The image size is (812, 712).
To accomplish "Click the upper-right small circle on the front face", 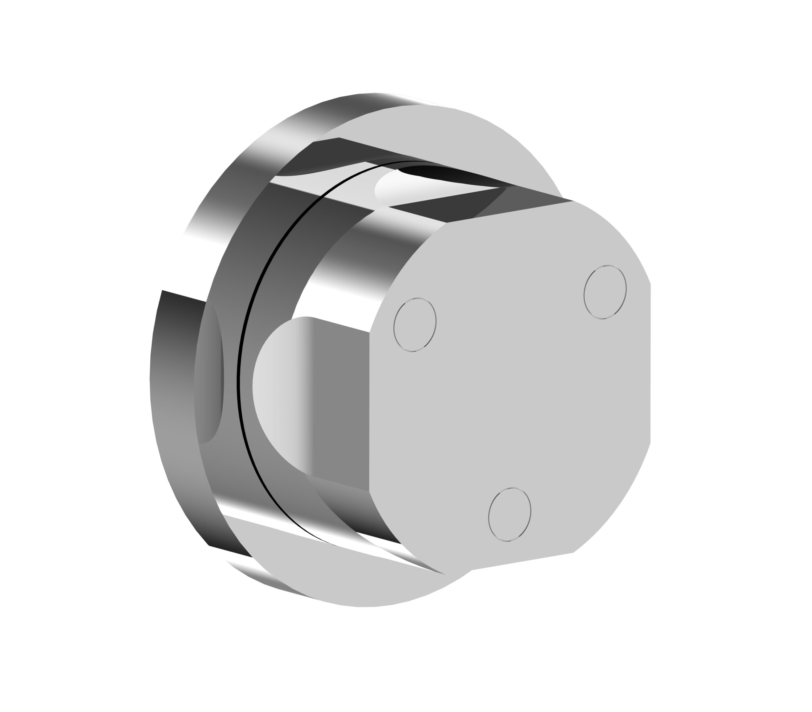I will coord(605,292).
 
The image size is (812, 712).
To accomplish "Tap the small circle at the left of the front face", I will coord(415,325).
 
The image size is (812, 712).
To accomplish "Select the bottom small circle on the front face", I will coord(510,515).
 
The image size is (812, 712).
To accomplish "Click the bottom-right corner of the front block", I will coord(573,552).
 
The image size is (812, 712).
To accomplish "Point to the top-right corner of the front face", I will coord(573,201).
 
